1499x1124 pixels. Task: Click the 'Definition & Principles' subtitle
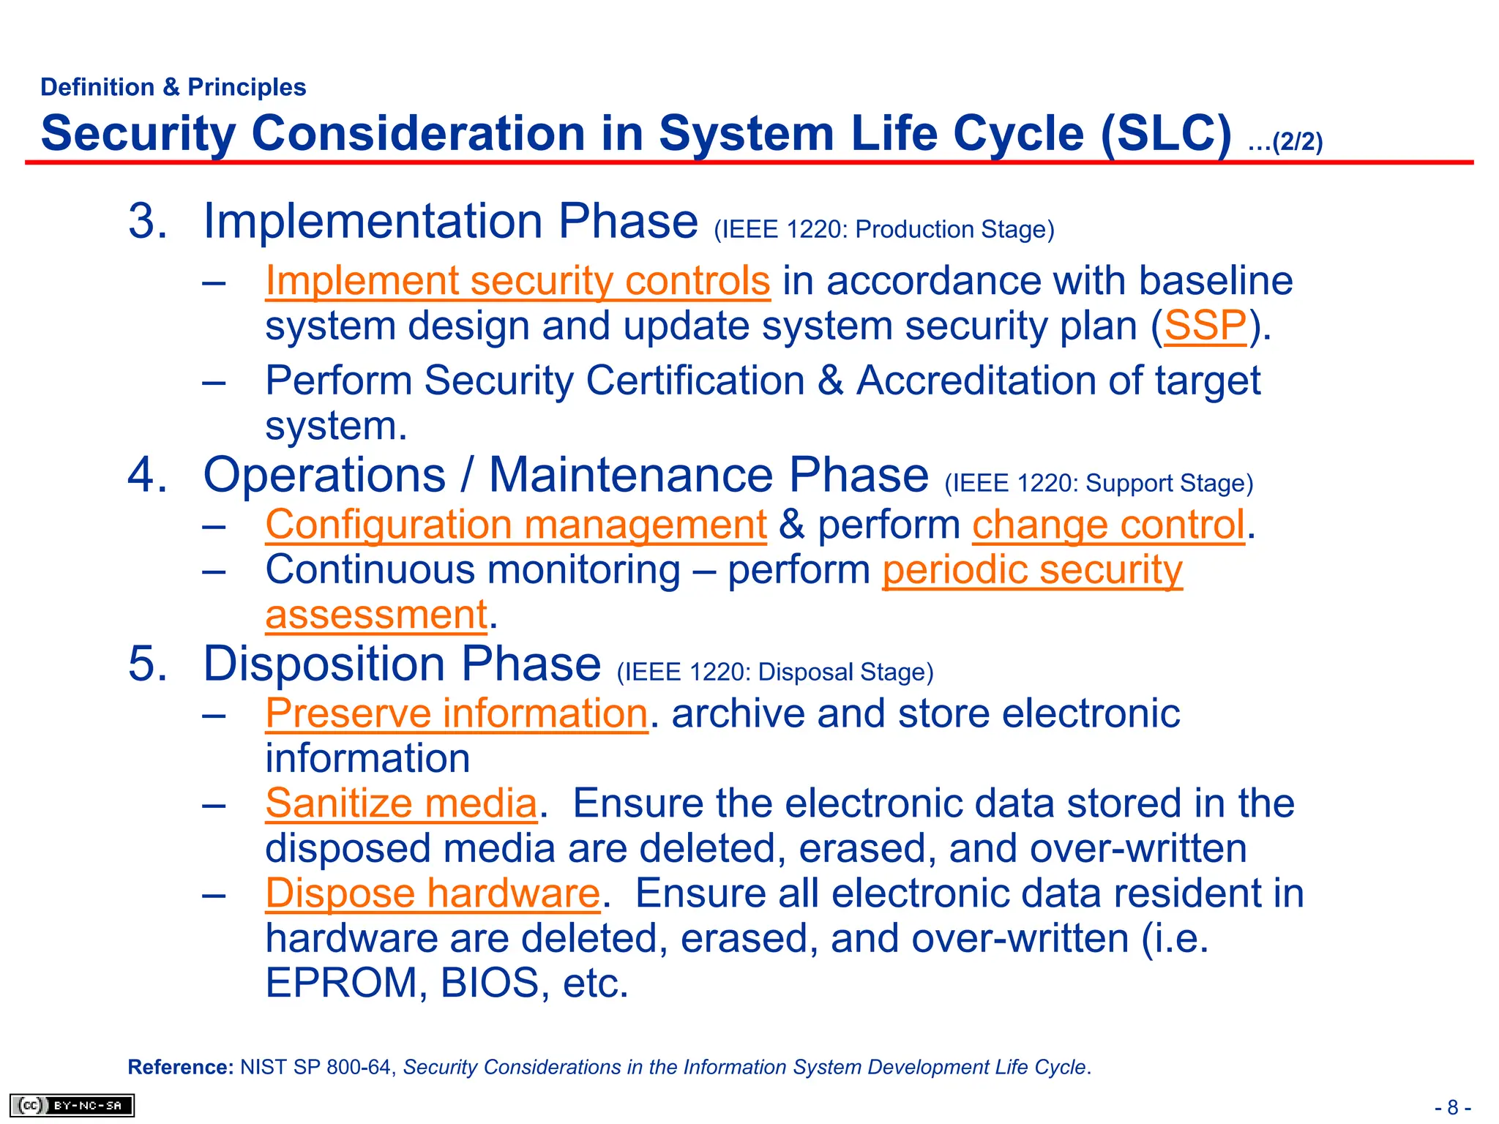tap(173, 87)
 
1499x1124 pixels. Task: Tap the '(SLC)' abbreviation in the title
tap(1166, 134)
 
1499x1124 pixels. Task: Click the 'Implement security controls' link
tap(517, 281)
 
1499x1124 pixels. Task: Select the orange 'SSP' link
tap(1205, 326)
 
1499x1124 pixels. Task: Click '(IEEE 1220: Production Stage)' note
tap(883, 230)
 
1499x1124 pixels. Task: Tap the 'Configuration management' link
tap(515, 525)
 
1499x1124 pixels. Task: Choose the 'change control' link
tap(1107, 525)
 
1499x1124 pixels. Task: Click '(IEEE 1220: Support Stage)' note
tap(1098, 484)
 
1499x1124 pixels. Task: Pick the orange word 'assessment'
tap(376, 615)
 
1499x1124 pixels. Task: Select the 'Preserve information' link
tap(456, 713)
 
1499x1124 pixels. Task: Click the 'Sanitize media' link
tap(401, 803)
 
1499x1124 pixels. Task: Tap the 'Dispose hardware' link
tap(433, 893)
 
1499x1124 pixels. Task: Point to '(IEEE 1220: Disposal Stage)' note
tap(774, 672)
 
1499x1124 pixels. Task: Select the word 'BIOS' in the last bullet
tap(490, 983)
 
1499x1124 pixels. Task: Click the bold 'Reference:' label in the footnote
tap(180, 1067)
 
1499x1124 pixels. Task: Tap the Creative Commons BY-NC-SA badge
tap(72, 1105)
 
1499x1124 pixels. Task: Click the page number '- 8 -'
tap(1452, 1107)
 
